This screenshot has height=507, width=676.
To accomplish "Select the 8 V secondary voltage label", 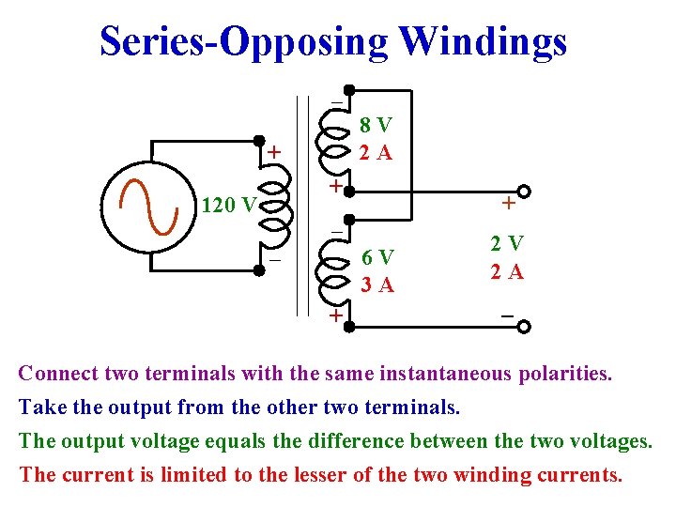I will [x=376, y=125].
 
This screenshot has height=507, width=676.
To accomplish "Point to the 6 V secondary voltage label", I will [x=378, y=258].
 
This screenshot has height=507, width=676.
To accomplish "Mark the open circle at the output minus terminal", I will [x=523, y=327].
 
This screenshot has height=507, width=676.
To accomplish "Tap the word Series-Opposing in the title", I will [x=244, y=42].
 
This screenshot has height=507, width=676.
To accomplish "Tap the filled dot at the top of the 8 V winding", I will [x=347, y=91].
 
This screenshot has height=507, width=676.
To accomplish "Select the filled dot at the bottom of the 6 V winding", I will [x=347, y=327].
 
